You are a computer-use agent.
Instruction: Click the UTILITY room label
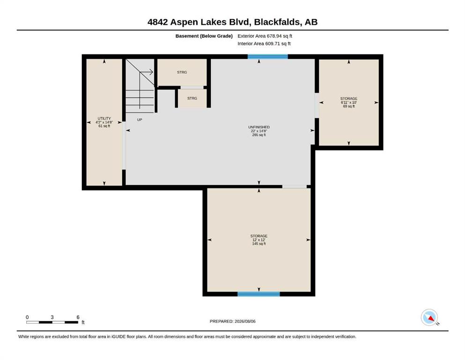pos(104,119)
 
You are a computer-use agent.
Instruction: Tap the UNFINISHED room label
pos(259,127)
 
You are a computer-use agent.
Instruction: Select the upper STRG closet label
pos(182,72)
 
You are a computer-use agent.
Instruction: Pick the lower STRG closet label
pos(192,98)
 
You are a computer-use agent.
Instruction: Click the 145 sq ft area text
pos(259,244)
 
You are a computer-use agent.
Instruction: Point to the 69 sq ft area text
pos(349,106)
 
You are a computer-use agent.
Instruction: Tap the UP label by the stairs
pos(140,120)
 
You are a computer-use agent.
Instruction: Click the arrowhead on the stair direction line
pos(151,72)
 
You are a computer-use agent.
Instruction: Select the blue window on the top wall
pos(268,57)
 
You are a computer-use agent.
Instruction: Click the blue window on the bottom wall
pos(258,294)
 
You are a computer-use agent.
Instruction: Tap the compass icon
pos(429,317)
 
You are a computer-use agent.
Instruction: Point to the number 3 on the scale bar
pos(52,317)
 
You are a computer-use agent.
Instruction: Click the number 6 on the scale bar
pos(78,317)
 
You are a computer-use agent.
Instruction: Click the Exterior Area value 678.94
pos(274,36)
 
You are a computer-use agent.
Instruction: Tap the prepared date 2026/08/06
pos(245,321)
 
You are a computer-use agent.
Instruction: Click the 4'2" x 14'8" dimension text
pos(104,122)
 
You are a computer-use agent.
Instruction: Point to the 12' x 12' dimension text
pos(259,240)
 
